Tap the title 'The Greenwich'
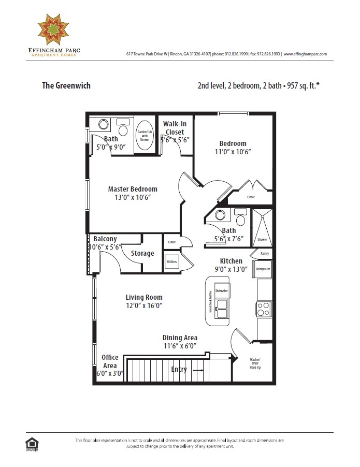(66, 85)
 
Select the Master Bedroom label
(133, 189)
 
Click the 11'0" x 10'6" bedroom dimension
(233, 152)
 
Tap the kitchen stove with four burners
(263, 309)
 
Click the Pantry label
(265, 254)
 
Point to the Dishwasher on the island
(222, 291)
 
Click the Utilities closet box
(171, 262)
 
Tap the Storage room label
(142, 253)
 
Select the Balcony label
(105, 239)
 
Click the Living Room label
(144, 297)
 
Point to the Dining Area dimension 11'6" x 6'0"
(180, 346)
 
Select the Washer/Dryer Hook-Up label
(255, 362)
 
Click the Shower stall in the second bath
(262, 226)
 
